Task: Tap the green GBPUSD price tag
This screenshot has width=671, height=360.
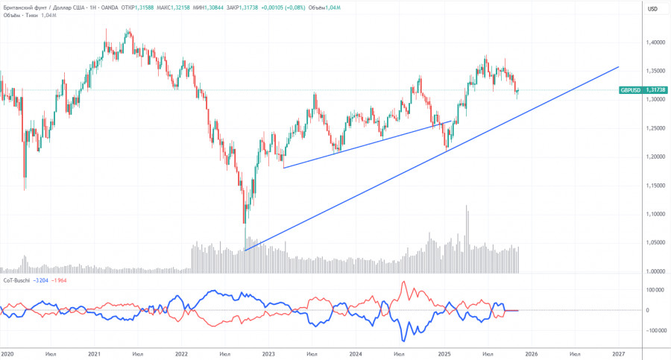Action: pos(631,90)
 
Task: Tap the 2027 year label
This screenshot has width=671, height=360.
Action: pos(619,354)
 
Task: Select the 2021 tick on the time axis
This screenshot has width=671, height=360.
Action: pos(94,354)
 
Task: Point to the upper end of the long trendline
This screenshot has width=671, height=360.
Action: pos(619,67)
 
